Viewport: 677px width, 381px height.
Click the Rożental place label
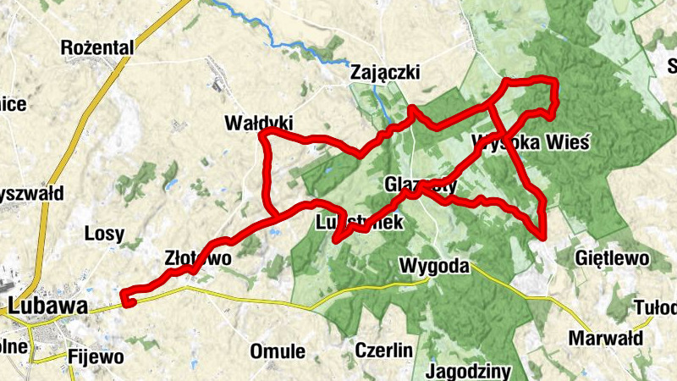point(98,48)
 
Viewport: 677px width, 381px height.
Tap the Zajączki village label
point(385,74)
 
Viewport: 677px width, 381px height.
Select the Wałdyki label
point(258,122)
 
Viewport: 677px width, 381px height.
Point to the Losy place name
point(105,234)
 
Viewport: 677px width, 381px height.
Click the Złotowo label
point(196,258)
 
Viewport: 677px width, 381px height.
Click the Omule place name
point(278,351)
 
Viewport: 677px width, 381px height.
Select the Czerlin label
point(383,350)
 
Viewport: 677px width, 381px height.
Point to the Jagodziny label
point(468,372)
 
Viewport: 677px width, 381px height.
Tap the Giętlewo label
point(611,257)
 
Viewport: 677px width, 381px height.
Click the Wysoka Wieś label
point(531,141)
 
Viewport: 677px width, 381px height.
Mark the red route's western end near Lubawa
point(125,298)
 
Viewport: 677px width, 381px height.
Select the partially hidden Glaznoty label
point(421,184)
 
